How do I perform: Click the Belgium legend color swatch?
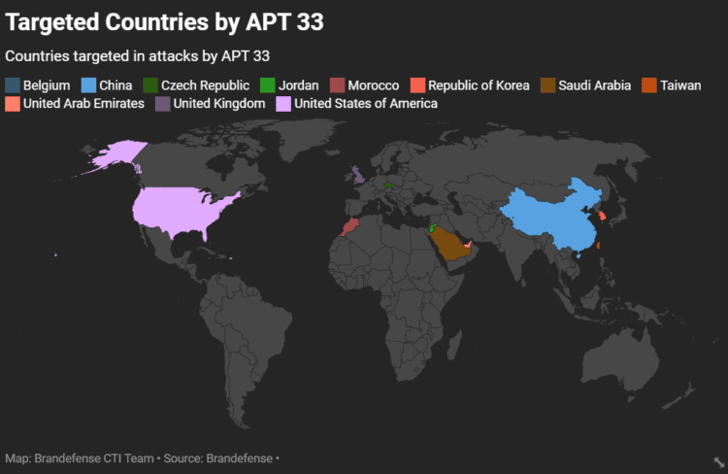pos(13,85)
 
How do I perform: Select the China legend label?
pos(116,85)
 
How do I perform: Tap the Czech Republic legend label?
pos(205,85)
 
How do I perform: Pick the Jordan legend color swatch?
pos(268,85)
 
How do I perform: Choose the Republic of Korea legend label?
pos(479,85)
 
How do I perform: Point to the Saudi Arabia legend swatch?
pos(547,85)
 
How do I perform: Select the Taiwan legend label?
pos(680,85)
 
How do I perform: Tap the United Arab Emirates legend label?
pos(83,103)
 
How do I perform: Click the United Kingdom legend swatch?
pos(163,103)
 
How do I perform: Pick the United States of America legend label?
pos(366,103)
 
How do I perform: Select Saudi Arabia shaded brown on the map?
pos(448,243)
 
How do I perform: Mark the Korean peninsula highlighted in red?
pos(601,216)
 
